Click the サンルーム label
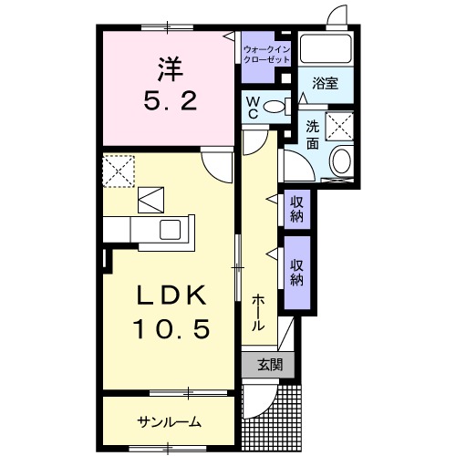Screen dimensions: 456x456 pyautogui.click(x=170, y=422)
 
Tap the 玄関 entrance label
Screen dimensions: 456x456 pyautogui.click(x=269, y=365)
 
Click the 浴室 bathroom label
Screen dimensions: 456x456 pyautogui.click(x=326, y=83)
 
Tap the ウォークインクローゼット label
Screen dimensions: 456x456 pyautogui.click(x=266, y=52)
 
